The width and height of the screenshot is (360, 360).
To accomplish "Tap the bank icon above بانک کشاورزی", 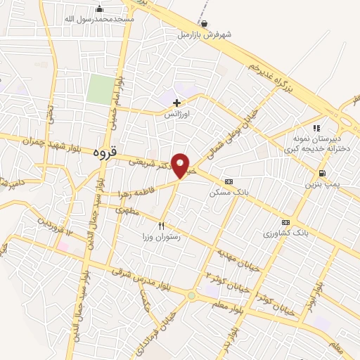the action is [x=285, y=221].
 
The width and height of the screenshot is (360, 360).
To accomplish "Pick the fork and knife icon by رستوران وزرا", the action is [x=162, y=226].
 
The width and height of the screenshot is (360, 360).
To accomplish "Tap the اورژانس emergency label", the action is [x=179, y=113].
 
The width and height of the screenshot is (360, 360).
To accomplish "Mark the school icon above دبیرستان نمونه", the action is [x=316, y=129].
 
